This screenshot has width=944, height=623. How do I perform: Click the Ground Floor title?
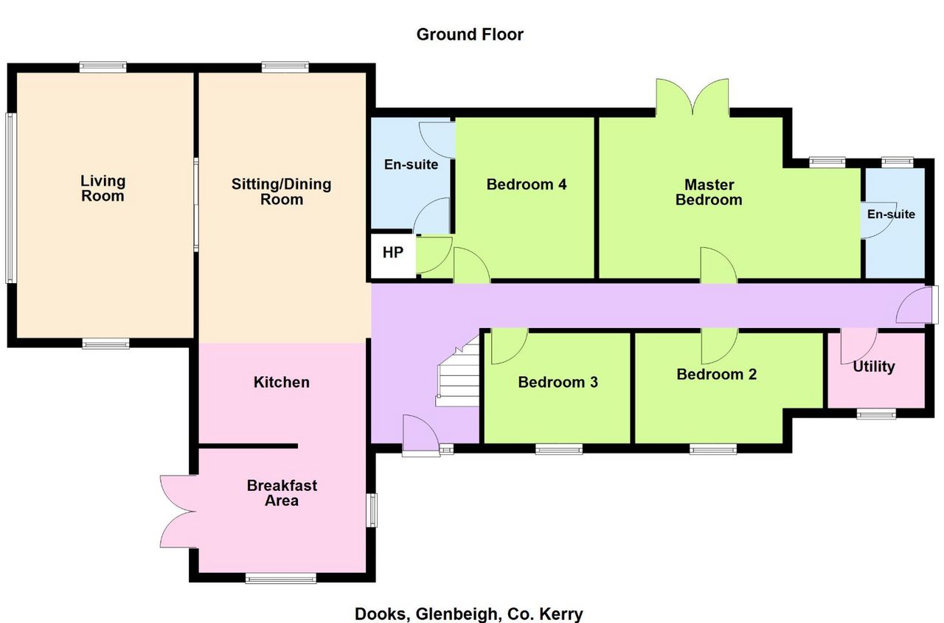tap(470, 35)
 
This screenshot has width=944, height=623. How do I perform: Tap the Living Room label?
tap(103, 188)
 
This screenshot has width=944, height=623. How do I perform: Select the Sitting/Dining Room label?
tap(282, 191)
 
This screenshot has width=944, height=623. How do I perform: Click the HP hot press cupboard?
tap(393, 255)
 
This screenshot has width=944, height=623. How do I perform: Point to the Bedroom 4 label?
tap(527, 184)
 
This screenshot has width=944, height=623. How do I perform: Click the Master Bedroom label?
tap(709, 192)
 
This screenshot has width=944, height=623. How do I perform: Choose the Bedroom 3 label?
tap(558, 382)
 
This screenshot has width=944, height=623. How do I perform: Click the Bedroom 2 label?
tap(716, 374)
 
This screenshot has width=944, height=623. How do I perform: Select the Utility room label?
tap(874, 366)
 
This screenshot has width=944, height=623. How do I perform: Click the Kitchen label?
tap(282, 382)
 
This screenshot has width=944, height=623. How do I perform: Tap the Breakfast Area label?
tap(282, 493)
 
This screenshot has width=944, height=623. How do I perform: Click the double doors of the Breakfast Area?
tap(178, 512)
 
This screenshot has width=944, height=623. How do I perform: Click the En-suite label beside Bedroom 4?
tap(411, 164)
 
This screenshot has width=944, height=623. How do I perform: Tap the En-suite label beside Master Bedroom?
tap(891, 215)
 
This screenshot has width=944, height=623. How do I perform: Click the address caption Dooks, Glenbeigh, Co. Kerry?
tap(469, 613)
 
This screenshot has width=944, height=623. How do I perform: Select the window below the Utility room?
tap(877, 414)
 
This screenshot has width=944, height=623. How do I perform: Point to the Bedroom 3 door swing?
tap(510, 347)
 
